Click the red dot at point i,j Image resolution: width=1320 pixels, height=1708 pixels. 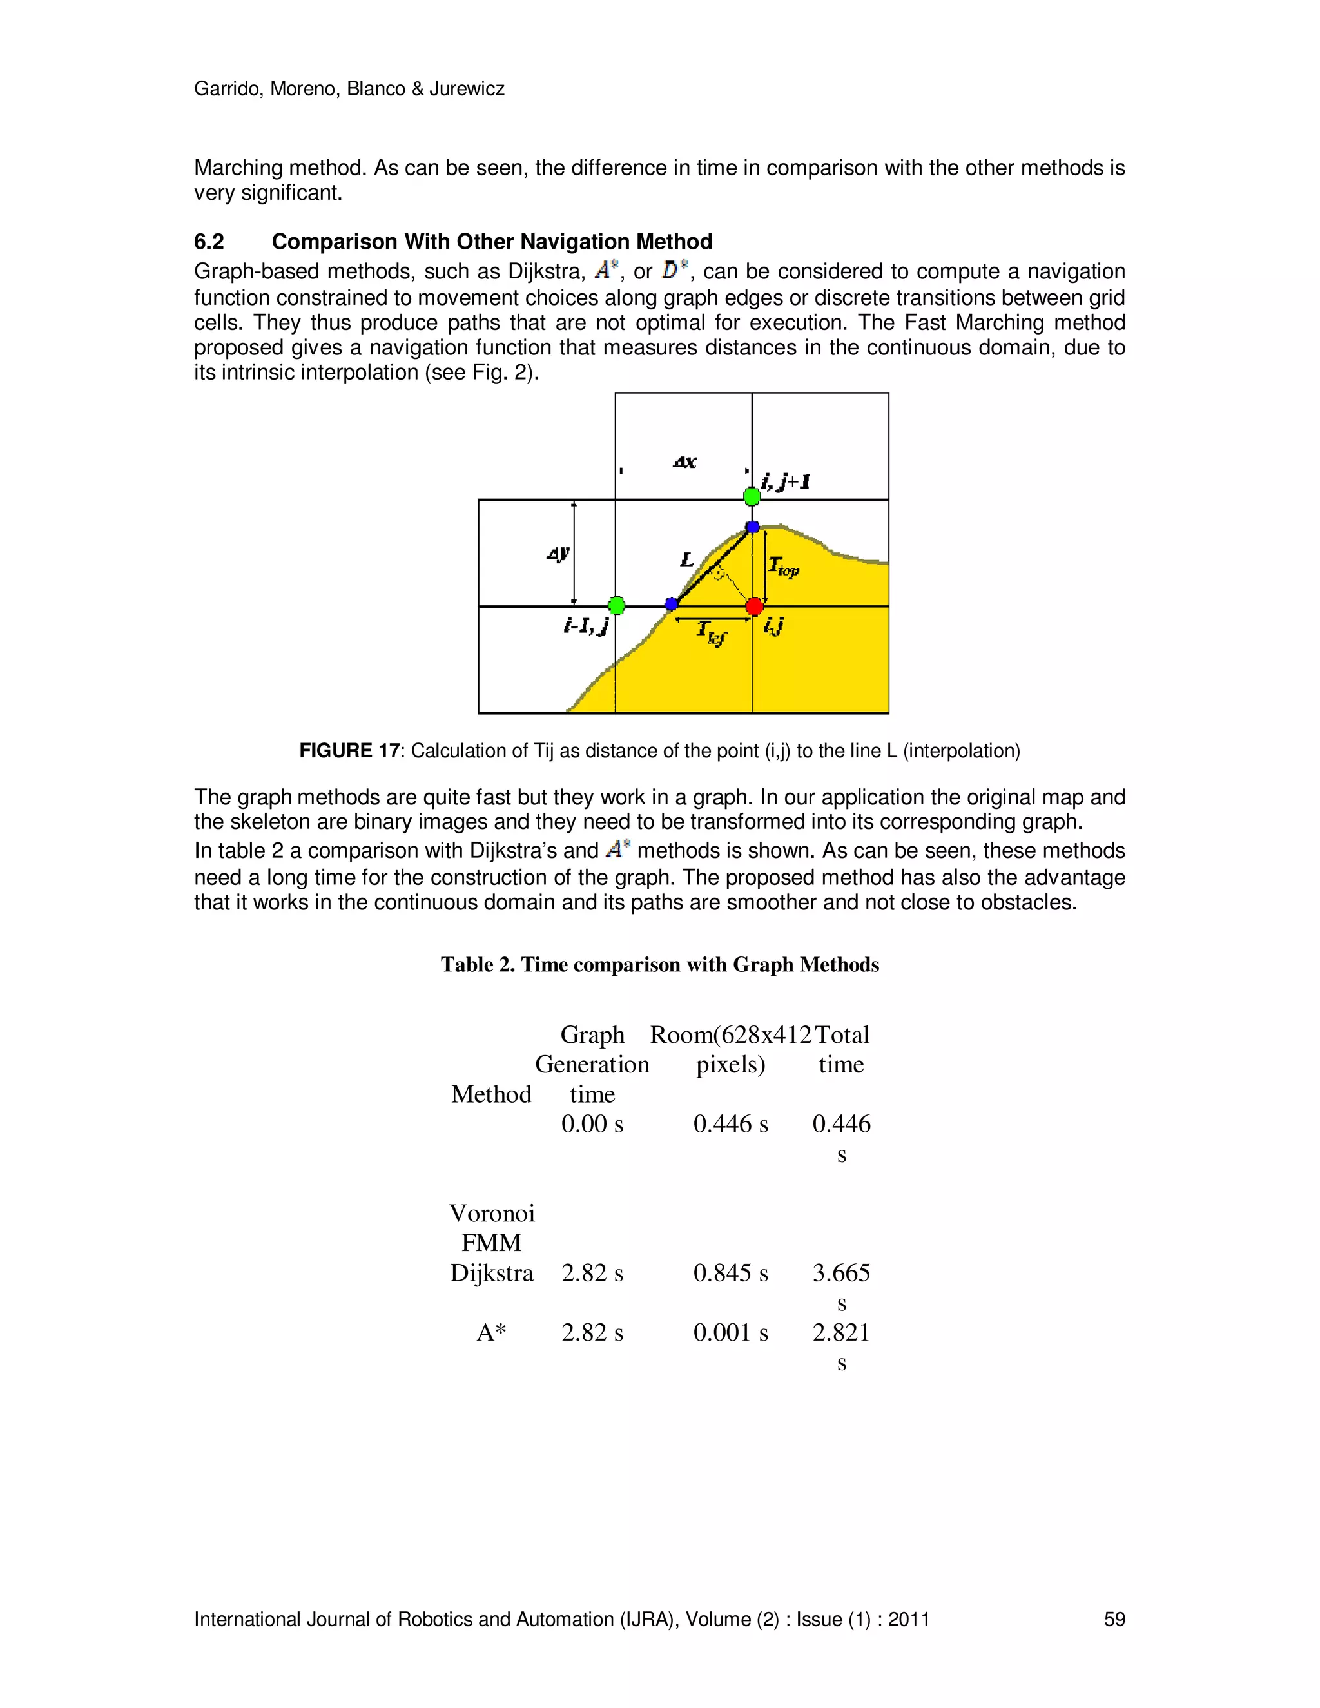pos(754,606)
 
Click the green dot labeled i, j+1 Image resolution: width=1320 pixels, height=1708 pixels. pos(752,496)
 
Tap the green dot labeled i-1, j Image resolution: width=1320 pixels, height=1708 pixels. pos(616,605)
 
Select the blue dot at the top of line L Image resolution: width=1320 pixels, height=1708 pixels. pos(752,527)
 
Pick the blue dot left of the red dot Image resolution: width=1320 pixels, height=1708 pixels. pos(671,604)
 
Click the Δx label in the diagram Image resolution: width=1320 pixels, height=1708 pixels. pos(684,462)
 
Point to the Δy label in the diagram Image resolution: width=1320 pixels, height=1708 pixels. pos(558,554)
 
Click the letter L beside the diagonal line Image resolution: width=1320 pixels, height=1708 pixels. pos(686,559)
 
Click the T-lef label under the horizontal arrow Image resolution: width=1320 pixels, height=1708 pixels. pos(712,632)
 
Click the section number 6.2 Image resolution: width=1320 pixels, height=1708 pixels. pos(209,242)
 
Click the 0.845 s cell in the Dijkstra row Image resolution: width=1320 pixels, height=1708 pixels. pos(730,1273)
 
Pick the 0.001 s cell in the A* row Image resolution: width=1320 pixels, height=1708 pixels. pos(730,1333)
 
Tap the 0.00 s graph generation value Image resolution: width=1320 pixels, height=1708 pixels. pos(592,1125)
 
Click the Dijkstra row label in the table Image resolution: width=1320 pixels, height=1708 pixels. pos(491,1273)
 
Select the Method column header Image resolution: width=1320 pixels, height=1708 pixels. pos(491,1095)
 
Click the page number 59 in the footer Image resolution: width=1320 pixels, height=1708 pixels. pos(1114,1620)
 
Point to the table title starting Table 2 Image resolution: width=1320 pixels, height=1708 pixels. pos(659,965)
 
